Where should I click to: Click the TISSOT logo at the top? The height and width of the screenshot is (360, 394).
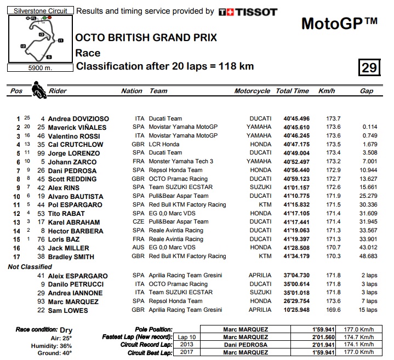pyautogui.click(x=248, y=12)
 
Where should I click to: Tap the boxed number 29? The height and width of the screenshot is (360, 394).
pyautogui.click(x=369, y=67)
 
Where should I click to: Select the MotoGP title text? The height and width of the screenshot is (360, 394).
pyautogui.click(x=339, y=24)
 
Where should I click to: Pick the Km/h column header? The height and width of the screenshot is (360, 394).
pyautogui.click(x=326, y=91)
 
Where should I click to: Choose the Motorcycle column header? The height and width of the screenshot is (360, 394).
pyautogui.click(x=252, y=91)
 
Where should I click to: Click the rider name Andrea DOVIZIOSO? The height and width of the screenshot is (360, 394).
pyautogui.click(x=78, y=118)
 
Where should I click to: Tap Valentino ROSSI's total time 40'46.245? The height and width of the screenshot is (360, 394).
pyautogui.click(x=296, y=136)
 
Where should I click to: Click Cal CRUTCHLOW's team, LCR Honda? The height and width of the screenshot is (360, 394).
pyautogui.click(x=166, y=144)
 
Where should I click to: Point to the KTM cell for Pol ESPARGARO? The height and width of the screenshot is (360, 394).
pyautogui.click(x=265, y=204)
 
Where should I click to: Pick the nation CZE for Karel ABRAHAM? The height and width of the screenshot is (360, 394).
pyautogui.click(x=138, y=222)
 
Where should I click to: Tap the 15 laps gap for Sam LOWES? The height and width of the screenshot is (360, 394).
pyautogui.click(x=367, y=310)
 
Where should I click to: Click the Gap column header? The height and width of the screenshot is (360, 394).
pyautogui.click(x=367, y=91)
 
